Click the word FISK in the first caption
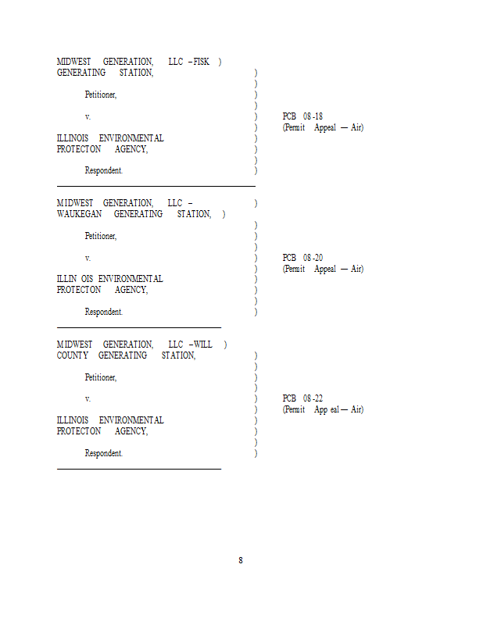point(202,62)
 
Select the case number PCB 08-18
point(302,116)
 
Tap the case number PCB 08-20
point(302,258)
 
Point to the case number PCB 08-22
point(302,398)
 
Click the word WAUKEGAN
point(80,214)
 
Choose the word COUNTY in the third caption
point(73,355)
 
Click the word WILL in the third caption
point(203,345)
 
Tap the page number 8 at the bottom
point(241,560)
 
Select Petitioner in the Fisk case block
point(101,95)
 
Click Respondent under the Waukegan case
point(104,312)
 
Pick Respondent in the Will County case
point(104,453)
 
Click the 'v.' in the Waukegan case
point(88,259)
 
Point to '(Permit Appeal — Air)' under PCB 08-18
point(323,127)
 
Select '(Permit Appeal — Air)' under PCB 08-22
point(323,409)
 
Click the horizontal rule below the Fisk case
point(156,186)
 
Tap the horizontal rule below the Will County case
point(139,470)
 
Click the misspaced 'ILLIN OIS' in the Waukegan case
point(75,279)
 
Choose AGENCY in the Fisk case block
point(131,149)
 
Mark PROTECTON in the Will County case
point(79,431)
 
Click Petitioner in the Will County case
point(101,377)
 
